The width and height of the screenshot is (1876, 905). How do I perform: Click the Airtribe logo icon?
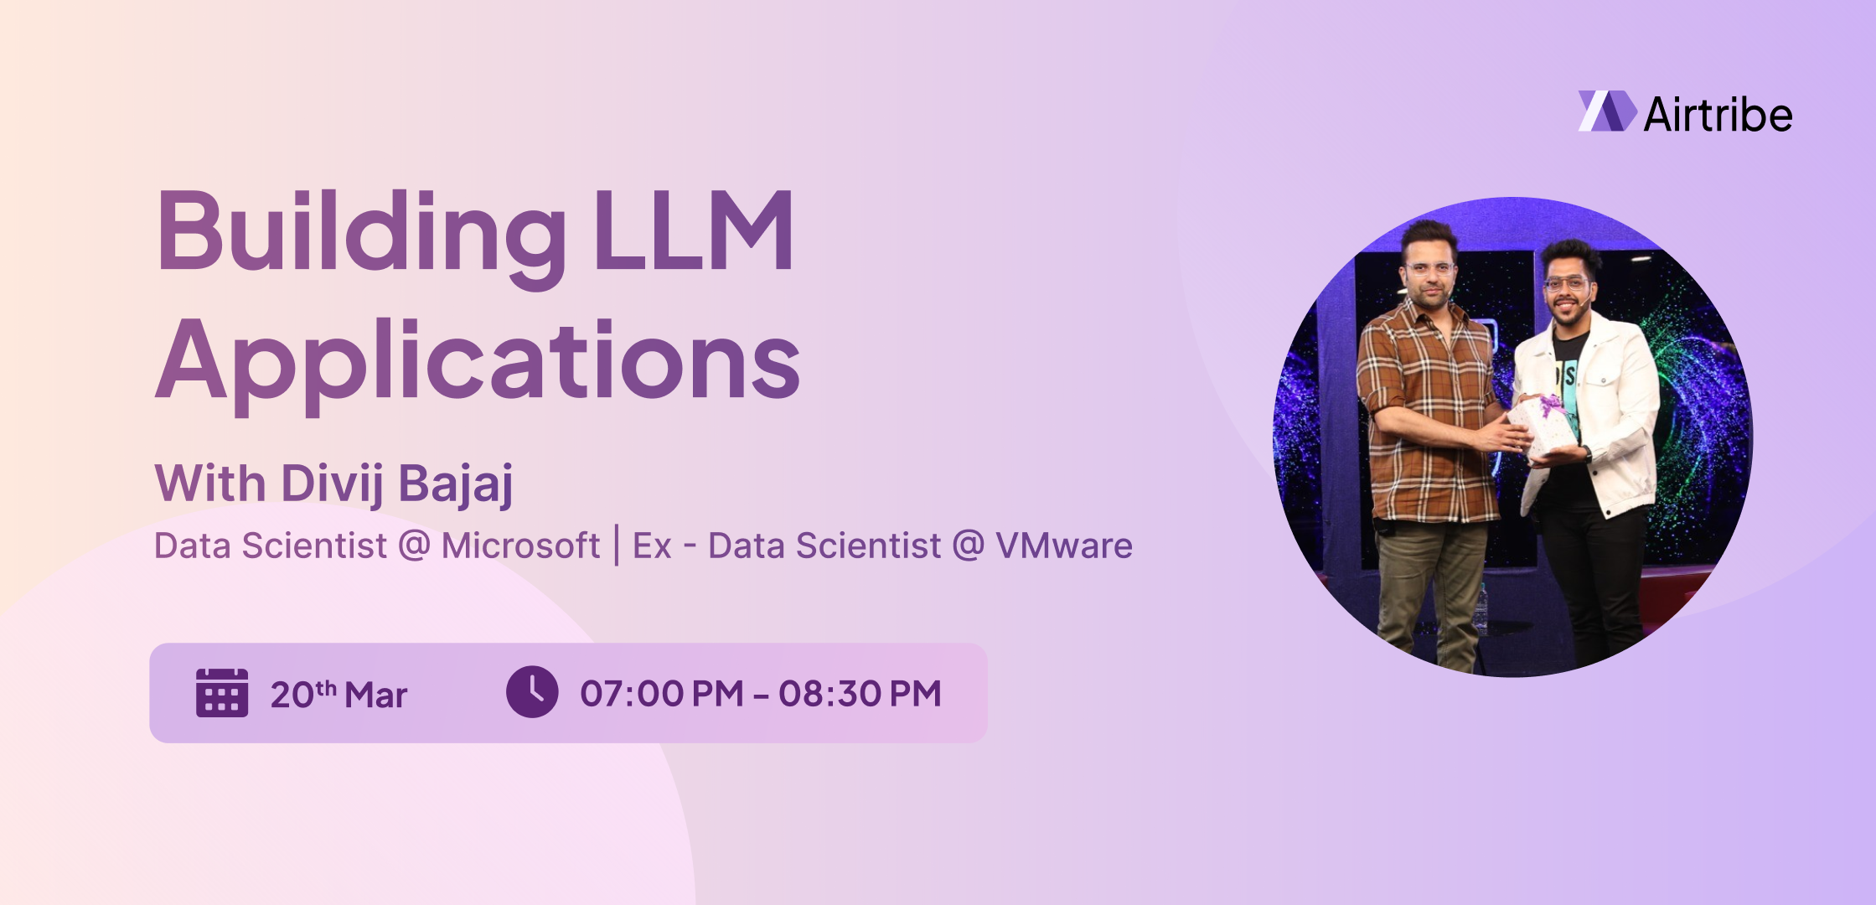1606,111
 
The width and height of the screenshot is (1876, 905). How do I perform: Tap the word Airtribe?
1718,115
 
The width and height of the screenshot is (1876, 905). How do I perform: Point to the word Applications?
478,362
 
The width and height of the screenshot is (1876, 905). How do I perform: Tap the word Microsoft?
520,546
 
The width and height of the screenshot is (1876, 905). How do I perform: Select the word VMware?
1063,546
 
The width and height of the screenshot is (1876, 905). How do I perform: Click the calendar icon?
222,693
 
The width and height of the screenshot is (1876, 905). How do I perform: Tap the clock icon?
532,692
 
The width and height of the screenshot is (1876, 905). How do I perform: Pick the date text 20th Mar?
339,695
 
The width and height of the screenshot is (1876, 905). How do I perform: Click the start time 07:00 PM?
661,694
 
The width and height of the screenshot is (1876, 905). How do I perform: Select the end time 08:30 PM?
860,694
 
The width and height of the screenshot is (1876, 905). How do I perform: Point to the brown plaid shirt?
1424,402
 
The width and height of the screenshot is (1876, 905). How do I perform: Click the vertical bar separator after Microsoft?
617,546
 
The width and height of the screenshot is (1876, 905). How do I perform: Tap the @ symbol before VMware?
968,546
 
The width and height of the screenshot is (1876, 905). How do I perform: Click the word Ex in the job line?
652,546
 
